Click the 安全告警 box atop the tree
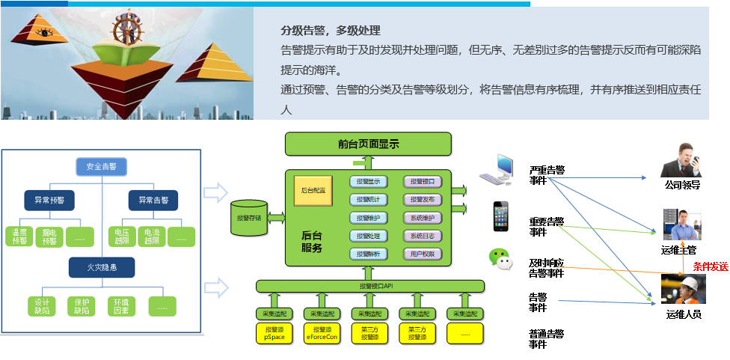(x=101, y=166)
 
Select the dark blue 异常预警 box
(x=49, y=201)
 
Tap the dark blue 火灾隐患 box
(x=101, y=266)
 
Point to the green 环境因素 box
(x=122, y=305)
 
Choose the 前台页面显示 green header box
(x=369, y=144)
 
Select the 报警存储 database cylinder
(x=249, y=218)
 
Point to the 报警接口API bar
(x=369, y=286)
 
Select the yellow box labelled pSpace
(x=273, y=334)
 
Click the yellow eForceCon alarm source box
(x=322, y=334)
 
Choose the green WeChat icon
(x=501, y=258)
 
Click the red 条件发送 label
(x=710, y=267)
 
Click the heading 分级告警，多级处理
(x=331, y=31)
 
